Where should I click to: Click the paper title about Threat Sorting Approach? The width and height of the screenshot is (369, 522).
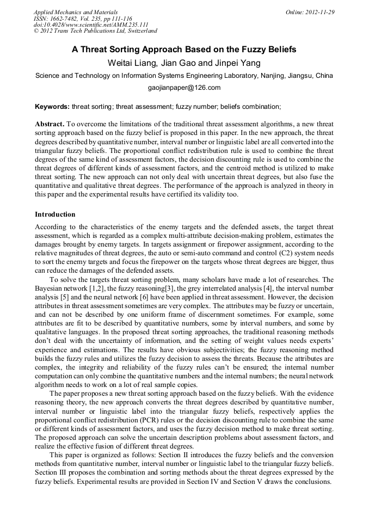(184, 50)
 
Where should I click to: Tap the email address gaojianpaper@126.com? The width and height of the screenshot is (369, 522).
(184, 87)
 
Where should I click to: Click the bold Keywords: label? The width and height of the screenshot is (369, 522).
(52, 106)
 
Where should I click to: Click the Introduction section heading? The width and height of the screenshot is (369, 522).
(55, 214)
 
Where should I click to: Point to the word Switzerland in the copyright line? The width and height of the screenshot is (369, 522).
(139, 31)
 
